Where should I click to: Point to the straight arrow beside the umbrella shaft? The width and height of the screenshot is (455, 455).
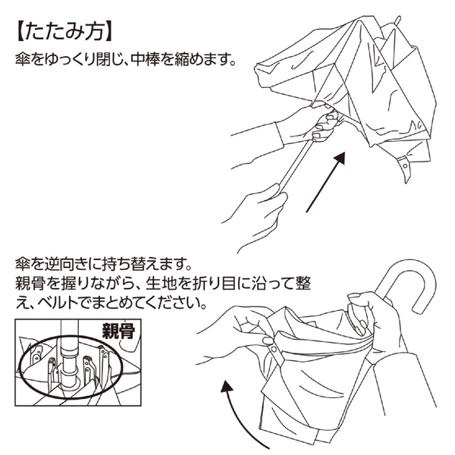pos(326,182)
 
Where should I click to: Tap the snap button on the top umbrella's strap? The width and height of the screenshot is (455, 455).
pos(406,165)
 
